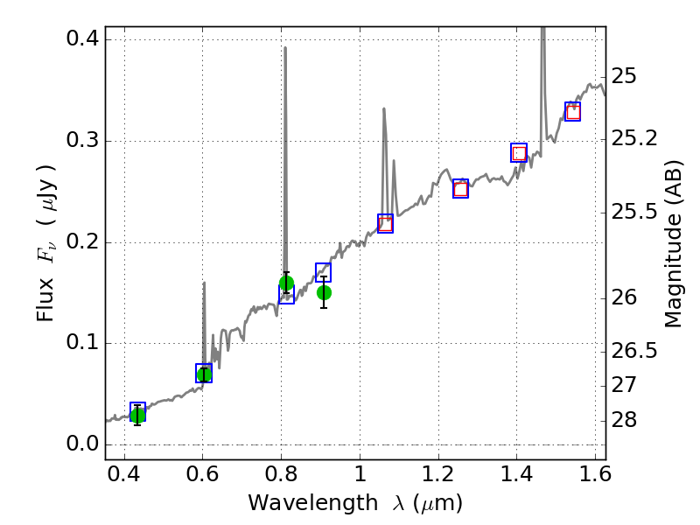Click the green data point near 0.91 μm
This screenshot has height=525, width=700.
click(324, 292)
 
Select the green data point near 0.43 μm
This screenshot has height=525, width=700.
click(137, 415)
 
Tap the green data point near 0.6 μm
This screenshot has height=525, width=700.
click(204, 374)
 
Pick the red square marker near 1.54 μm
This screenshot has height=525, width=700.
click(573, 112)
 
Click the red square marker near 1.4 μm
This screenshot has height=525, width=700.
click(519, 153)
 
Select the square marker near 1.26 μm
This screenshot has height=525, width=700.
click(461, 189)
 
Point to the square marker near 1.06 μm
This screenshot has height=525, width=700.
click(385, 224)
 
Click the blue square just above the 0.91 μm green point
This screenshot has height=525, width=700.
click(324, 272)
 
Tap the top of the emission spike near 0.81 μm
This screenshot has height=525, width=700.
click(285, 48)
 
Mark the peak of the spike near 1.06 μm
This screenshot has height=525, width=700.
click(384, 108)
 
